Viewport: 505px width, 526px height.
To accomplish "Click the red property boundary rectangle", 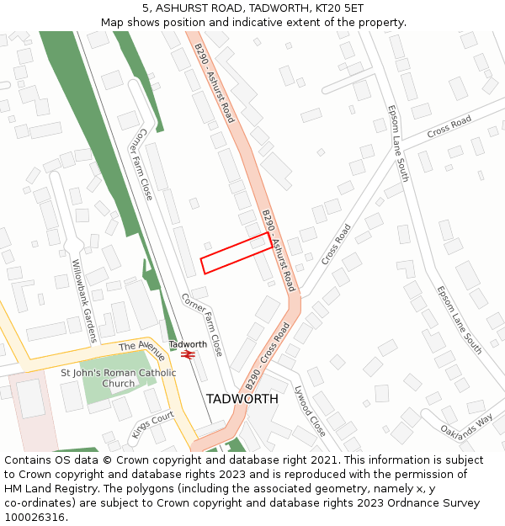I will point(237,252).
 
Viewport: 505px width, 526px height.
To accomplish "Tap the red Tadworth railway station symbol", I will point(188,355).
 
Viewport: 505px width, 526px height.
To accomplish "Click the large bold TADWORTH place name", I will point(242,399).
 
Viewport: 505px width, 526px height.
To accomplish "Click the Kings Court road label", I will point(152,425).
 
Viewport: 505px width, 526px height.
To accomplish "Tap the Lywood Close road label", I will point(310,411).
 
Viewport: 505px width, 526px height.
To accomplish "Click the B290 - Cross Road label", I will point(268,355).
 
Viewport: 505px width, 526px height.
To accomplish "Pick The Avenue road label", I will point(142,350).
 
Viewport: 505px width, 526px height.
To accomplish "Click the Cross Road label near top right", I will point(449,128).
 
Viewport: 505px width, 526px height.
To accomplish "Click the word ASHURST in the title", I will point(184,8).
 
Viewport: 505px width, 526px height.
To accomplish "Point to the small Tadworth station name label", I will point(188,344).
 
